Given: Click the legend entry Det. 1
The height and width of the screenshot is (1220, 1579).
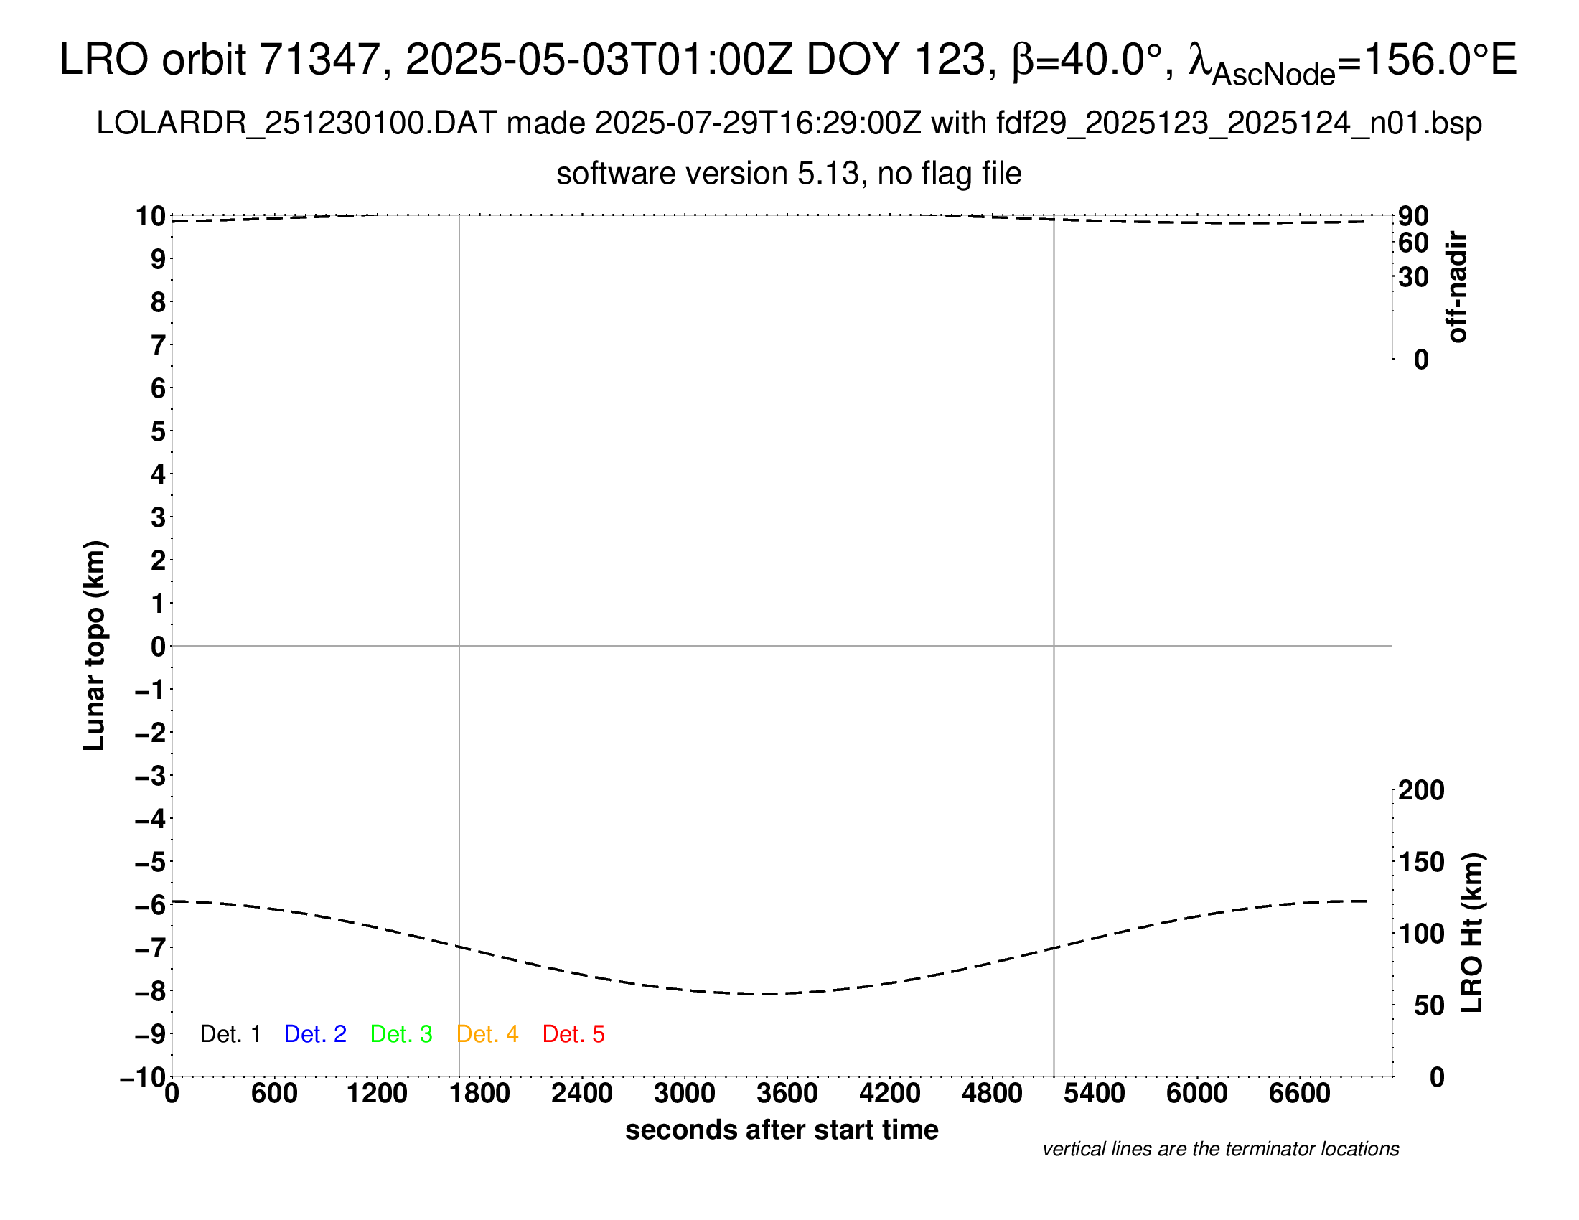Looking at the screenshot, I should [230, 1034].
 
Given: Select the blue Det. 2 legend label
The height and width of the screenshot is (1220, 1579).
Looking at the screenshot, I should [315, 1034].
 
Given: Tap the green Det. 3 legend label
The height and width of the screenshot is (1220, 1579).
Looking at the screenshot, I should [401, 1034].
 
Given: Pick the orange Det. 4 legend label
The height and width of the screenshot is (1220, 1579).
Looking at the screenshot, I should [487, 1034].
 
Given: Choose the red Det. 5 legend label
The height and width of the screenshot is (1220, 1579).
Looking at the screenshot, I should [573, 1034].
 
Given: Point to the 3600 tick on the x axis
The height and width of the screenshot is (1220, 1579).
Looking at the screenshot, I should [787, 1093].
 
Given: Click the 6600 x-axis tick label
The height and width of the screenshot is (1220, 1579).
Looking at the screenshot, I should [1299, 1093].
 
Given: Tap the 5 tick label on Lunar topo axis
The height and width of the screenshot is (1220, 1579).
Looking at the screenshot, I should [159, 431].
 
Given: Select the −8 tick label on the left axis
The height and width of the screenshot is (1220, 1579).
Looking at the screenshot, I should [151, 991].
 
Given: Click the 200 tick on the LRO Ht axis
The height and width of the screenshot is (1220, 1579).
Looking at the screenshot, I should [1420, 790].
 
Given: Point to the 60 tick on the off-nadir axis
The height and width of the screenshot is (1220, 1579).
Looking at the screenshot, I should [1413, 243].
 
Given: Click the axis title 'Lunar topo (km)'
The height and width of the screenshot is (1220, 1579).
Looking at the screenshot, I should [95, 645].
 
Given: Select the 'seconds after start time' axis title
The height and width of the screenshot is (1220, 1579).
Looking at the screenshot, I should [782, 1130].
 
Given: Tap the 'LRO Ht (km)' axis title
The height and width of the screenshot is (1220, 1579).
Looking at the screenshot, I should [1472, 933].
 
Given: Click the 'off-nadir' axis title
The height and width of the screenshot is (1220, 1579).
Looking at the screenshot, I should [1457, 287].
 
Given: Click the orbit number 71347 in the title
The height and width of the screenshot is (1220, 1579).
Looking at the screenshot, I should [319, 60].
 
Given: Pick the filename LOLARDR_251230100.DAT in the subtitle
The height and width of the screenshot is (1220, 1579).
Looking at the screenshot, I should [296, 123].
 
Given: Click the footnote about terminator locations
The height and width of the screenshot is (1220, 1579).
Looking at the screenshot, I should [1220, 1149].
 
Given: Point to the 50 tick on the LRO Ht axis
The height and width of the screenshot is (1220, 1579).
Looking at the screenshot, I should [1428, 1005].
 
